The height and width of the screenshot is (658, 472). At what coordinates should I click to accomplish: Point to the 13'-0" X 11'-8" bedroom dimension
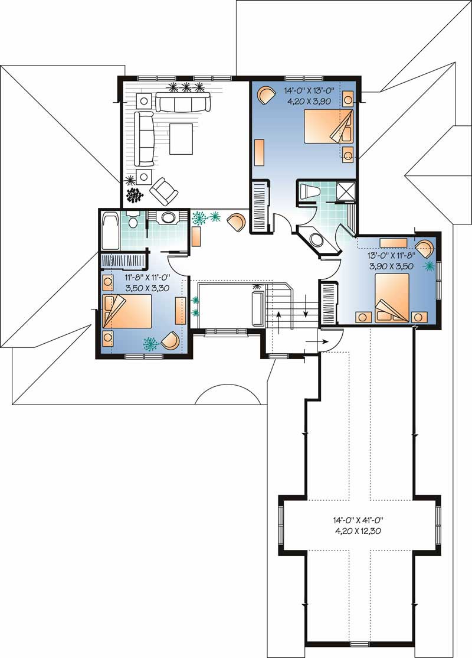(392, 256)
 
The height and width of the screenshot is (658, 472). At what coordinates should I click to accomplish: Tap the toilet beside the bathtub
(133, 220)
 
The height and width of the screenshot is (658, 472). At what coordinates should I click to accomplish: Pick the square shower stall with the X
(342, 191)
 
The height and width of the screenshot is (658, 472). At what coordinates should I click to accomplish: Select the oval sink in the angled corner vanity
(316, 239)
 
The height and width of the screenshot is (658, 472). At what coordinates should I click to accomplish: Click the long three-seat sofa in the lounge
(183, 103)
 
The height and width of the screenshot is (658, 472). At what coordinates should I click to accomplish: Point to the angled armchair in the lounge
(163, 191)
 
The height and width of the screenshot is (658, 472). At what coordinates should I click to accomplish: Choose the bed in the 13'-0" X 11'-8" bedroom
(392, 297)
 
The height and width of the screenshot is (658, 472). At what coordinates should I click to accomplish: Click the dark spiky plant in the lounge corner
(136, 195)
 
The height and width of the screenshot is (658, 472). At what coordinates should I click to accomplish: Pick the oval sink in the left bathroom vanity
(168, 219)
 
